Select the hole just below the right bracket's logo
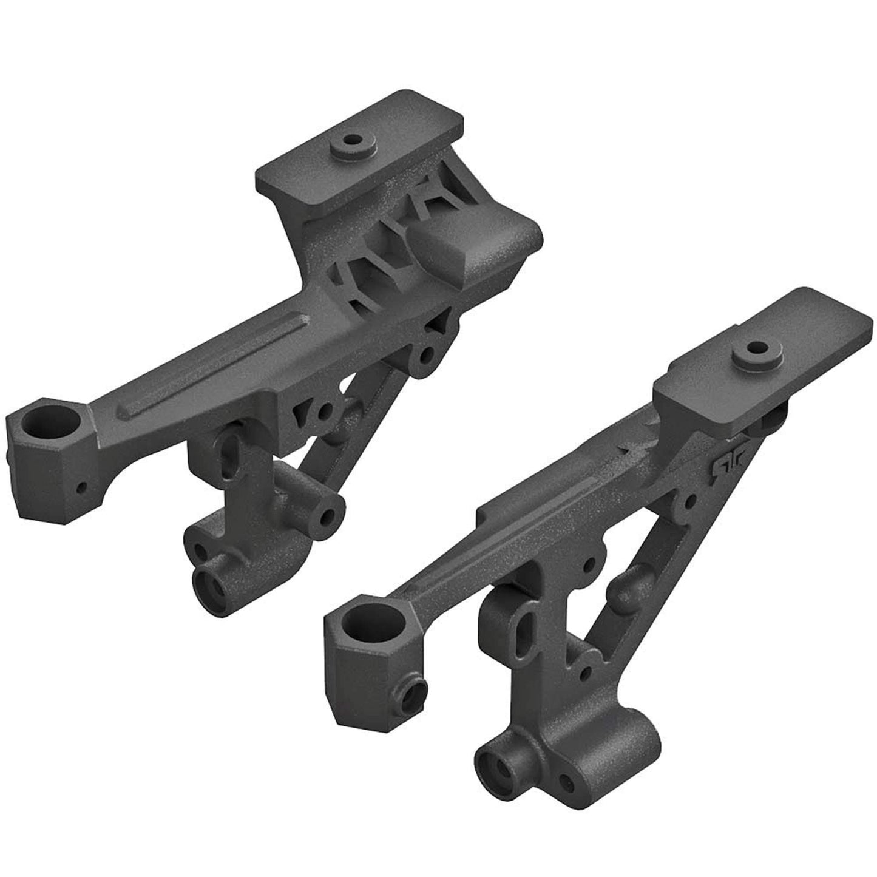point(690,501)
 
